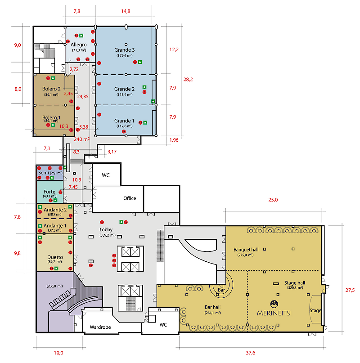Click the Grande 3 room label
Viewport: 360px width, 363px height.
click(x=124, y=50)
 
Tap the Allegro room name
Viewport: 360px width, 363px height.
click(x=79, y=45)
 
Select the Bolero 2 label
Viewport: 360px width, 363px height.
click(x=51, y=89)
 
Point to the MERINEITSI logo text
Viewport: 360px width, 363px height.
click(x=274, y=313)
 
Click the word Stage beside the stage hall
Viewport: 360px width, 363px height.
click(x=315, y=310)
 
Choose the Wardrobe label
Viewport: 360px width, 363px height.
click(x=100, y=327)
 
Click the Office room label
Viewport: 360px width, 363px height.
click(x=130, y=198)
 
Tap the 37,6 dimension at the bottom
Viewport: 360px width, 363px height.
click(x=250, y=353)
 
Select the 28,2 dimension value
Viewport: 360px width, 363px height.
click(x=188, y=80)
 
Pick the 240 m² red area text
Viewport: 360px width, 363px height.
click(x=82, y=139)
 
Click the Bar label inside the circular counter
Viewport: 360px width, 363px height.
click(x=221, y=290)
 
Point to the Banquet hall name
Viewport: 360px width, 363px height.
click(x=246, y=250)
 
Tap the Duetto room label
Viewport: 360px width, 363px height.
click(x=55, y=257)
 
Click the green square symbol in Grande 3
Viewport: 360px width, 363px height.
click(x=140, y=62)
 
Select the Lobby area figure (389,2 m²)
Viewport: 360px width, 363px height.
click(x=108, y=235)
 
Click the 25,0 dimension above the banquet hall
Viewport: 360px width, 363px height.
click(x=273, y=200)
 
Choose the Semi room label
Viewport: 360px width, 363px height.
click(x=43, y=173)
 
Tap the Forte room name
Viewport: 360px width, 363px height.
click(x=49, y=192)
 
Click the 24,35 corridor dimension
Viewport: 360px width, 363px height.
click(x=83, y=97)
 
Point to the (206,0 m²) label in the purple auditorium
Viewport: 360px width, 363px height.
click(x=54, y=286)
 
